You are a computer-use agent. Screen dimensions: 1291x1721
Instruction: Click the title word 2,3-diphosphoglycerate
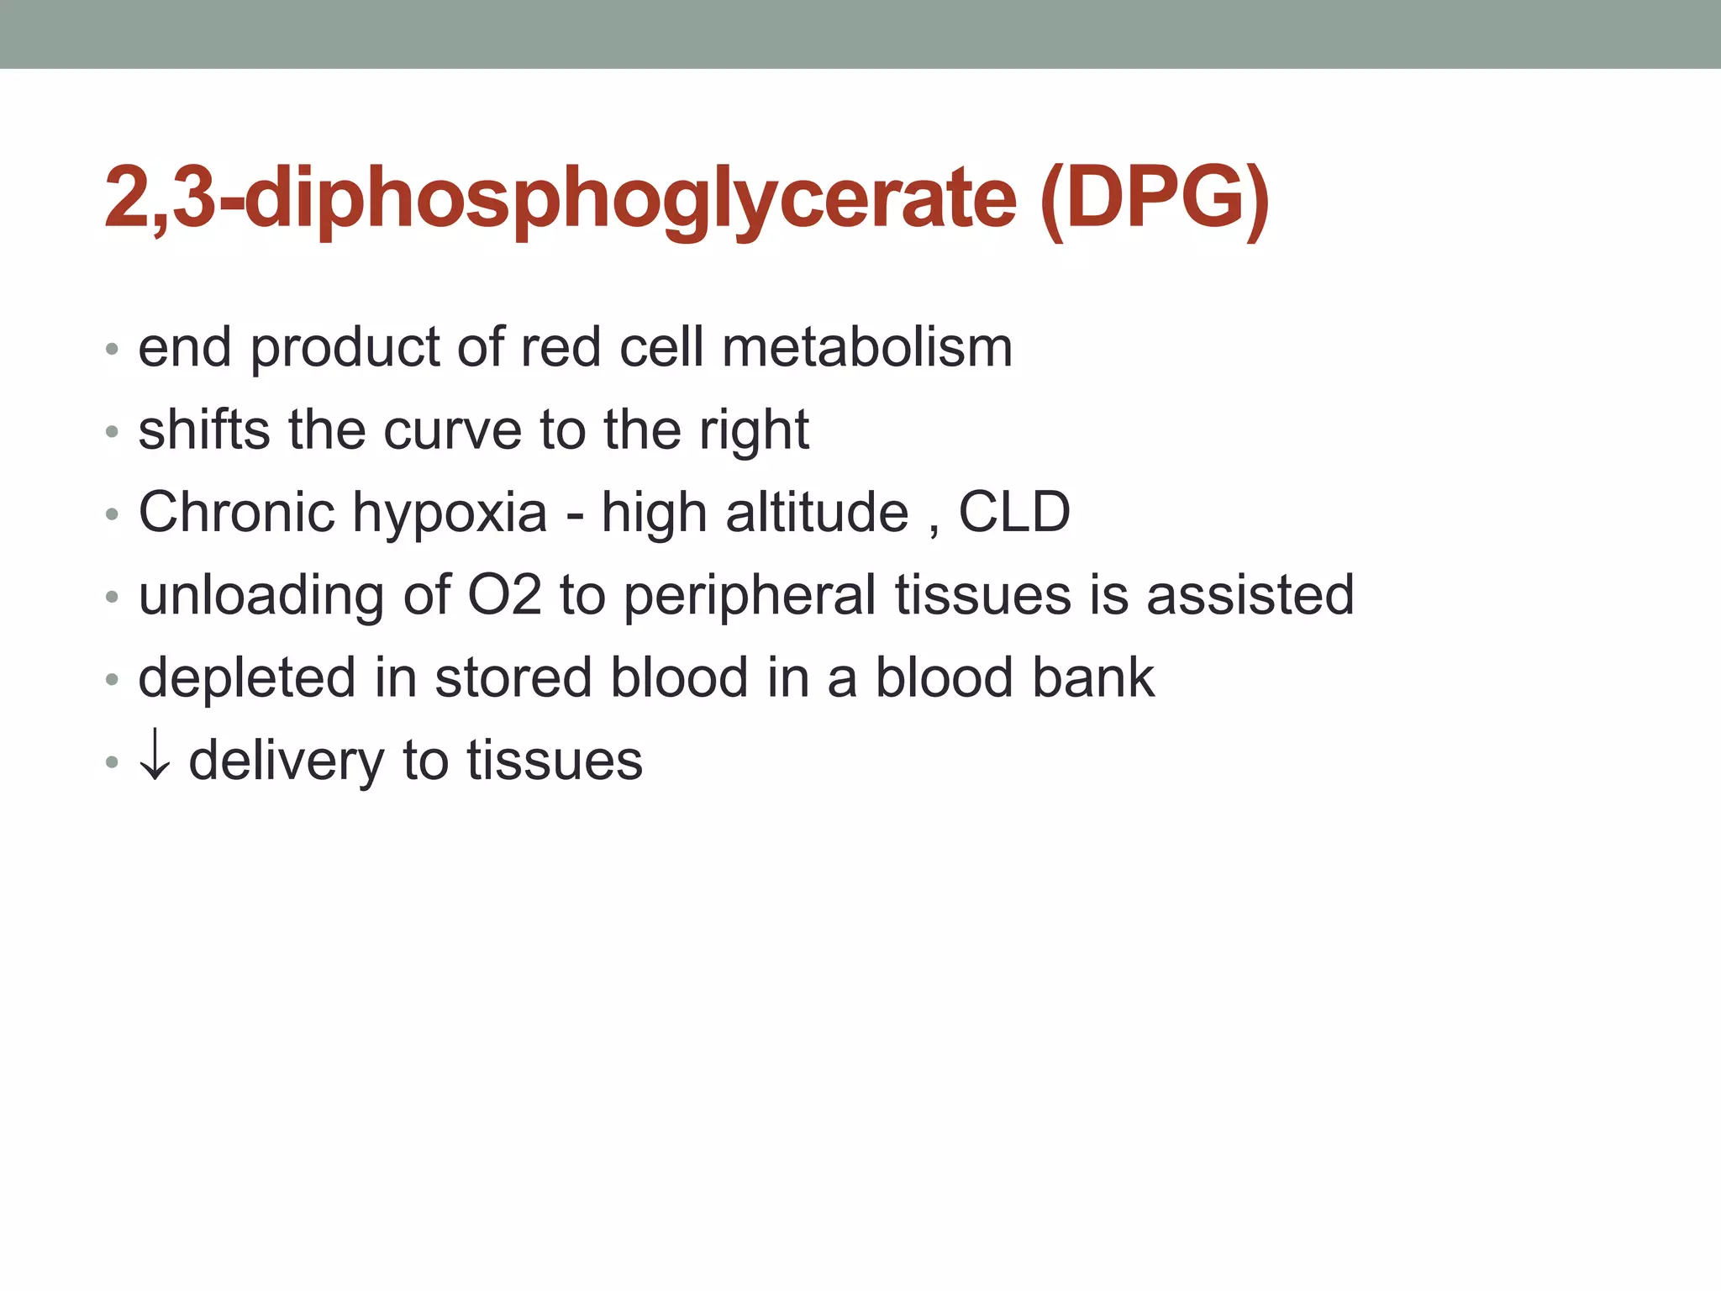click(560, 200)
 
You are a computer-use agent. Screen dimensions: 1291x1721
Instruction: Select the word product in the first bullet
click(345, 349)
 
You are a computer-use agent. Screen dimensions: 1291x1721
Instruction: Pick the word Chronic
click(236, 512)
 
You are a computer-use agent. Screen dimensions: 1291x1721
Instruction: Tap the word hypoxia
click(450, 514)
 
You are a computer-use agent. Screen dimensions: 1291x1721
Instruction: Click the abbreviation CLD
click(1014, 512)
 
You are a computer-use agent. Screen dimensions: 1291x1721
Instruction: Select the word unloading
click(261, 596)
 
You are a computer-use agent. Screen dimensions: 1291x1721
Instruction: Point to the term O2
click(503, 595)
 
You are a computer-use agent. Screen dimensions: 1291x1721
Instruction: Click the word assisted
click(1250, 595)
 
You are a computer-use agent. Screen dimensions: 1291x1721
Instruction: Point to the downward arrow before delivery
click(155, 759)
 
